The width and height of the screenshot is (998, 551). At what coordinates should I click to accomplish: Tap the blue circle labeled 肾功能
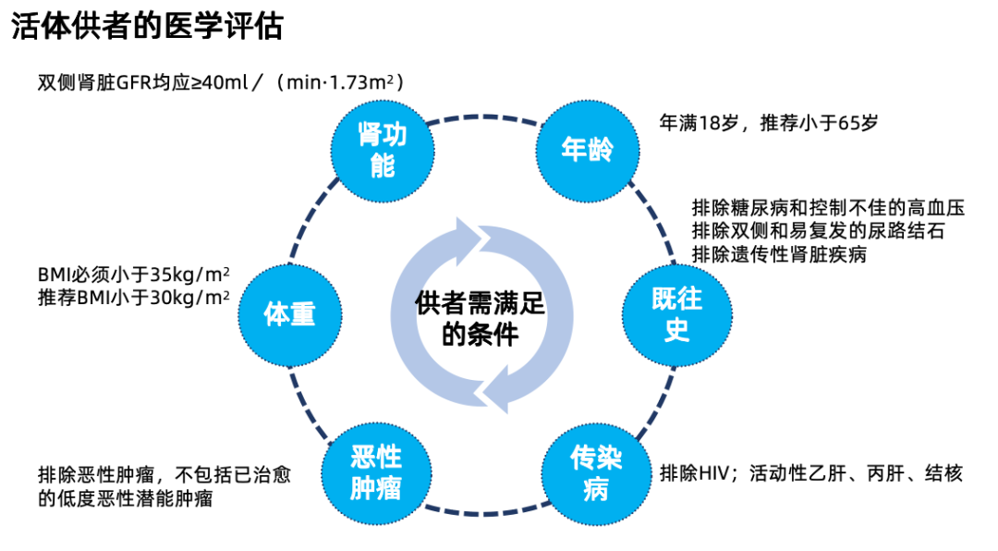(382, 149)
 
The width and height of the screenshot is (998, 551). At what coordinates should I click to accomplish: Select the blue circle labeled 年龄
(586, 148)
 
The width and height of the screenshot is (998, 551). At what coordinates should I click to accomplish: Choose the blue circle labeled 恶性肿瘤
(376, 471)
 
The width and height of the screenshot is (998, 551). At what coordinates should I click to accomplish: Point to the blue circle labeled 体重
(289, 313)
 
